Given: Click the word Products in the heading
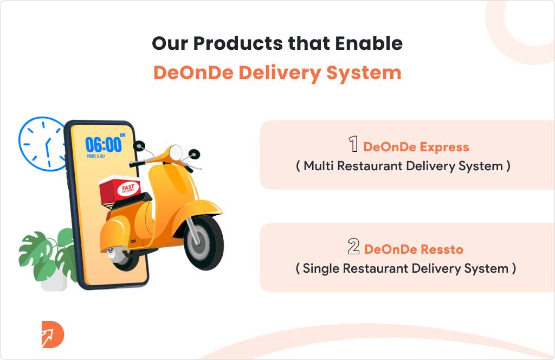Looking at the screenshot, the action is [238, 43].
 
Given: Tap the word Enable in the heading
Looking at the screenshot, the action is [369, 43].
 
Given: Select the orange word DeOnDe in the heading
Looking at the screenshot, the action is [193, 73].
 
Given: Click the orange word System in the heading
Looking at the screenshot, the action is [364, 73].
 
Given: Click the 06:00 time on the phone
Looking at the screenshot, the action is [104, 145].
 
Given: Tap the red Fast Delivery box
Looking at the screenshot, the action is [120, 189].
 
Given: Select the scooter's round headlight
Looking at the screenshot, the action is [176, 152].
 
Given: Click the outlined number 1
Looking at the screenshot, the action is [353, 144].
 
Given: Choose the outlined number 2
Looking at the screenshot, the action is [353, 246].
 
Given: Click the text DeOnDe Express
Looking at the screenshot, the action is [416, 147].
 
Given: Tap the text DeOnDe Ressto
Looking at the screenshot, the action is [414, 249].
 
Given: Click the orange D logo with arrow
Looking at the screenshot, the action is [53, 335].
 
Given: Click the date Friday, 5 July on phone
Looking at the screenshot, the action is [96, 156].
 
